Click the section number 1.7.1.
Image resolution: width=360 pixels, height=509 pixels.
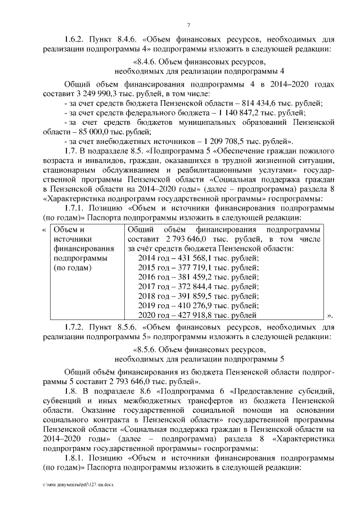click(75, 208)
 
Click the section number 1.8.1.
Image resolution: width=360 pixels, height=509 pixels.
click(75, 459)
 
